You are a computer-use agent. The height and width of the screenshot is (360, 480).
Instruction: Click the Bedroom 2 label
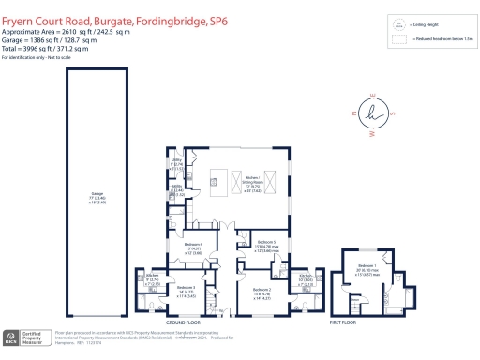click(262, 294)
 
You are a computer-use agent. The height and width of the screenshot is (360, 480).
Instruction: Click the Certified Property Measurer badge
click(28, 338)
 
